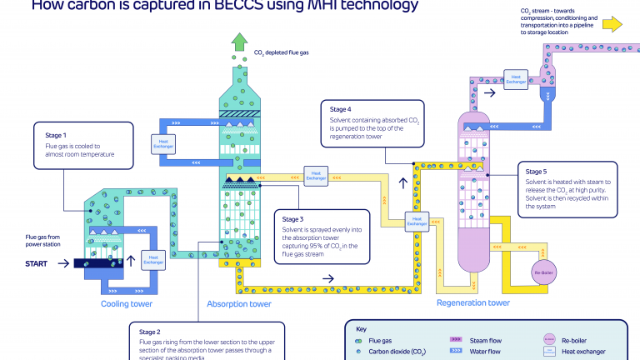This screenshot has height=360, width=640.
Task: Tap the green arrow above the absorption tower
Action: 240,42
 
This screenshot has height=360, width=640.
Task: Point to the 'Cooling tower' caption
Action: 127,304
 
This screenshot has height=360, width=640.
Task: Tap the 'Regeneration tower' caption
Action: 472,302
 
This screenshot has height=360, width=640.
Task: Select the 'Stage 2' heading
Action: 154,332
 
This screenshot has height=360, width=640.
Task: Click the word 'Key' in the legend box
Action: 361,328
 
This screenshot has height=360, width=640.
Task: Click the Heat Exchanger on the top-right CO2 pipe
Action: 516,79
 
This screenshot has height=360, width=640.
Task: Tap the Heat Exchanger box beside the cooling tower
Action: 152,259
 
